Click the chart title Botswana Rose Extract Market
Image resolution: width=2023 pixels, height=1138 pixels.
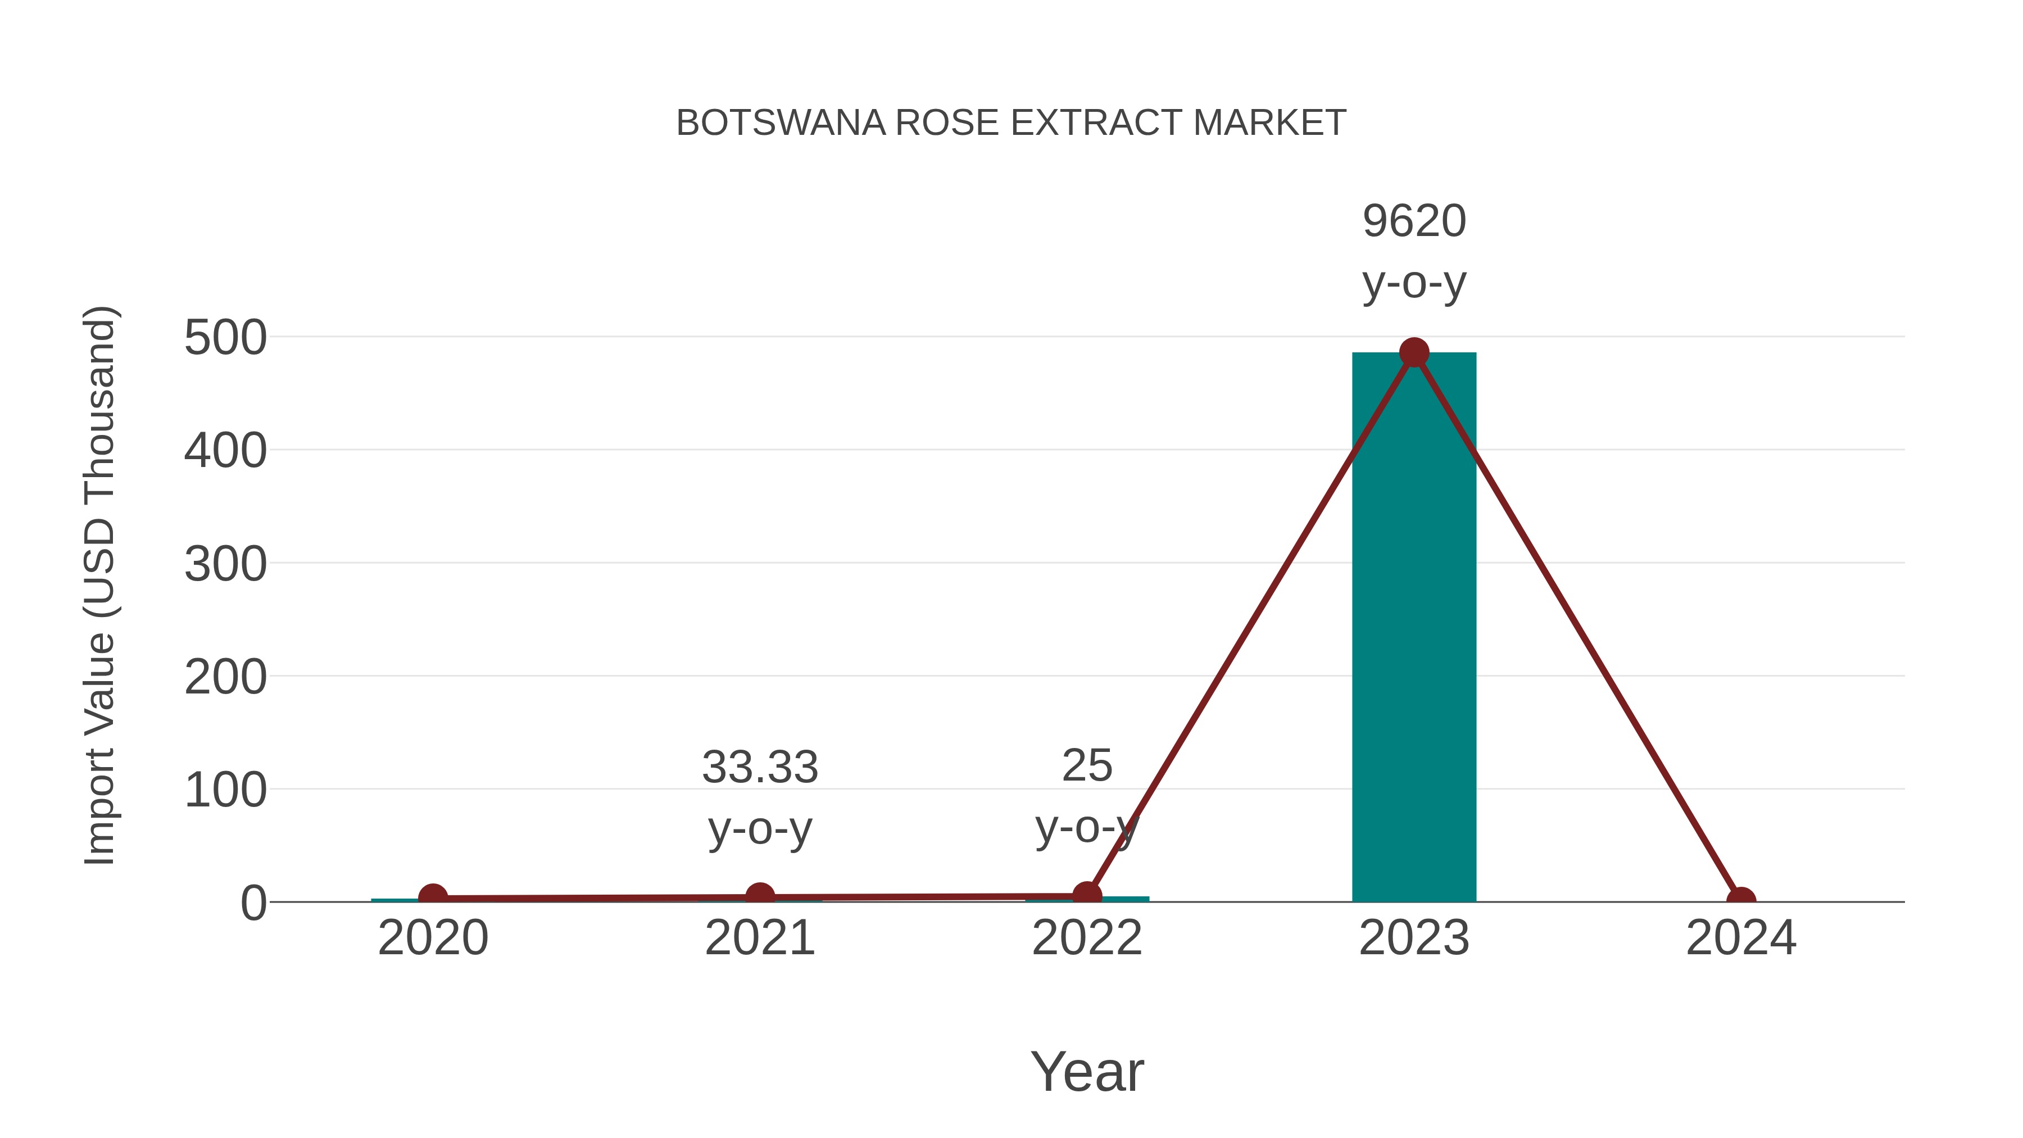[1011, 123]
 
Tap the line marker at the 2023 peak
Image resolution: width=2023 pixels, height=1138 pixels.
[1414, 352]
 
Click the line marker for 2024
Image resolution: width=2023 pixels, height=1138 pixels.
[1741, 900]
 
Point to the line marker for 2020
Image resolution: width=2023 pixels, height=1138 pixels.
[433, 897]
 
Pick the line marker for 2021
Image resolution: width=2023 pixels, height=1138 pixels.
[759, 895]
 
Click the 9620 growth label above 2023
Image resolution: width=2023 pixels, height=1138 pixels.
[1414, 221]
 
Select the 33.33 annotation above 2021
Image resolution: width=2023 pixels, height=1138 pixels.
[759, 767]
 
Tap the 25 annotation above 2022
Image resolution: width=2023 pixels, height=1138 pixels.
[1087, 766]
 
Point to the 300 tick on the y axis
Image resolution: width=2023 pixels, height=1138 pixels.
[225, 565]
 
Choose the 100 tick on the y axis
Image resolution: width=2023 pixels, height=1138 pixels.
[225, 791]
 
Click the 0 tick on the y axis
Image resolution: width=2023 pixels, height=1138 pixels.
[253, 903]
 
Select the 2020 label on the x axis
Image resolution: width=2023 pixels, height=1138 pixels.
[433, 938]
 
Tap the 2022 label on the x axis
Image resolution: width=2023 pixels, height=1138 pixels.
[1087, 938]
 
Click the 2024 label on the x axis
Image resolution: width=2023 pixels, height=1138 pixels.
[1741, 938]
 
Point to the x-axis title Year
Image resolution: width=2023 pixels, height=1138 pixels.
[1087, 1072]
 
